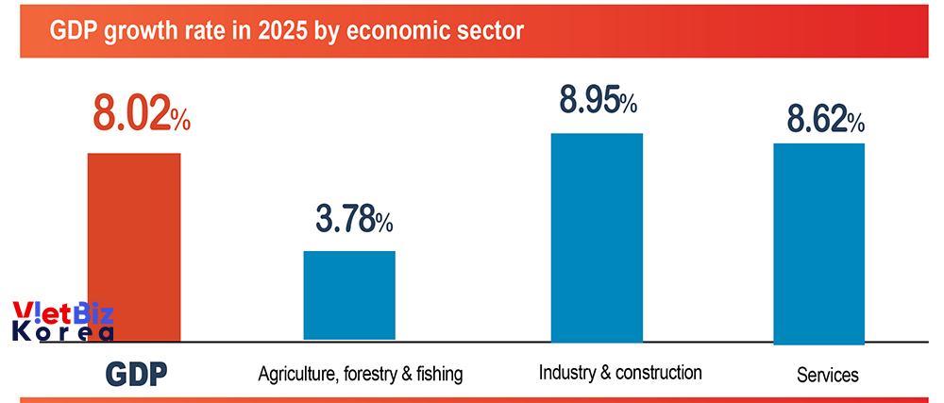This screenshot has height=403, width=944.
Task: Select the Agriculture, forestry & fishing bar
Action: click(349, 294)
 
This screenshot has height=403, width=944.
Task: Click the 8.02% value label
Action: click(142, 114)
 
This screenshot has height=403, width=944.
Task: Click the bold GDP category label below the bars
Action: click(135, 374)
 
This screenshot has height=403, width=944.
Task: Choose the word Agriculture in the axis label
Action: click(292, 375)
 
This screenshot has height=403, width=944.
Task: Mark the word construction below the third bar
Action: click(658, 372)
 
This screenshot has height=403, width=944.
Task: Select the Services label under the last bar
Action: click(828, 375)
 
